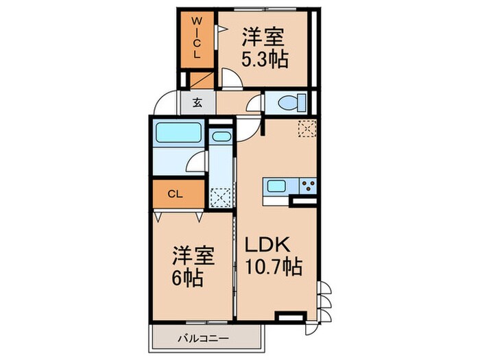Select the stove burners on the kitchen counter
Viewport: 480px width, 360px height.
306,186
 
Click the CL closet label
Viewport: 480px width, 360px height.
176,194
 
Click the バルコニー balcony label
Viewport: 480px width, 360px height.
204,337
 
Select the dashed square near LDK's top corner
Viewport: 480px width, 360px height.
307,128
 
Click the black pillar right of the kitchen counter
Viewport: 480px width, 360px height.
303,202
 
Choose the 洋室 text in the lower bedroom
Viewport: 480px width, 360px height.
193,259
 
